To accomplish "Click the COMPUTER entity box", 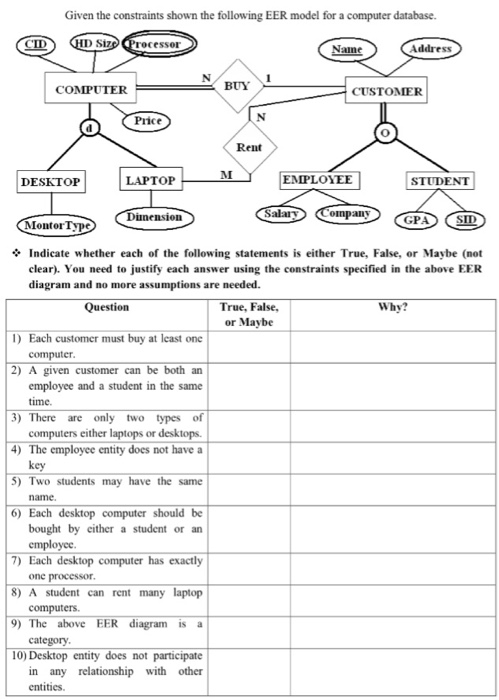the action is click(91, 90).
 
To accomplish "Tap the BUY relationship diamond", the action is click(237, 87).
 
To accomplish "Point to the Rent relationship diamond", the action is click(248, 147).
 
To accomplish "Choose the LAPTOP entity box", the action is click(151, 181).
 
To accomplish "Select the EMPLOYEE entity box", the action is click(316, 180).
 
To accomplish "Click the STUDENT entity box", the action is click(441, 181).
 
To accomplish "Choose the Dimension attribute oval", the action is click(153, 215).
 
